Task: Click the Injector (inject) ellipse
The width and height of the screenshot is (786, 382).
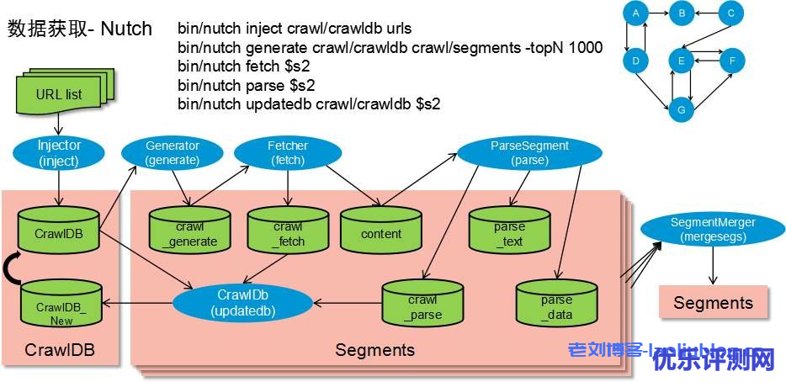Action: pyautogui.click(x=59, y=152)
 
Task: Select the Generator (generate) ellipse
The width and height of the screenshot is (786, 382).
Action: pyautogui.click(x=173, y=152)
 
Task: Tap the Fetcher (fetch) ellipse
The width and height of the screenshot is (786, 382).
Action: pyautogui.click(x=288, y=152)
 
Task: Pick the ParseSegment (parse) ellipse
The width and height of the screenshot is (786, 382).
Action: pyautogui.click(x=529, y=152)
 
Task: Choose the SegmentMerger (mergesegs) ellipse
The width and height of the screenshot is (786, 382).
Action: pyautogui.click(x=713, y=230)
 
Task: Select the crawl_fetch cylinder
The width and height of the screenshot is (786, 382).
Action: pyautogui.click(x=288, y=230)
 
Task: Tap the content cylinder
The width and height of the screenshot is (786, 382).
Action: pyautogui.click(x=381, y=230)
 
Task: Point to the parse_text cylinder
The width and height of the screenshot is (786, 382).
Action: pyautogui.click(x=509, y=229)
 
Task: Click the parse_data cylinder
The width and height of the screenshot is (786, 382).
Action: pyautogui.click(x=556, y=303)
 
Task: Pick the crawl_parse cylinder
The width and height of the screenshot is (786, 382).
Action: pyautogui.click(x=422, y=303)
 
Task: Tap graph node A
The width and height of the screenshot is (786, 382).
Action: pyautogui.click(x=635, y=13)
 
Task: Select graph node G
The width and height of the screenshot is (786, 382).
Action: pyautogui.click(x=682, y=110)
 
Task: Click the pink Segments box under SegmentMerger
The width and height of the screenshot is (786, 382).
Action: pyautogui.click(x=713, y=303)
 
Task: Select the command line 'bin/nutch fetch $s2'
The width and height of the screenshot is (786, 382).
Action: pyautogui.click(x=239, y=66)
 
